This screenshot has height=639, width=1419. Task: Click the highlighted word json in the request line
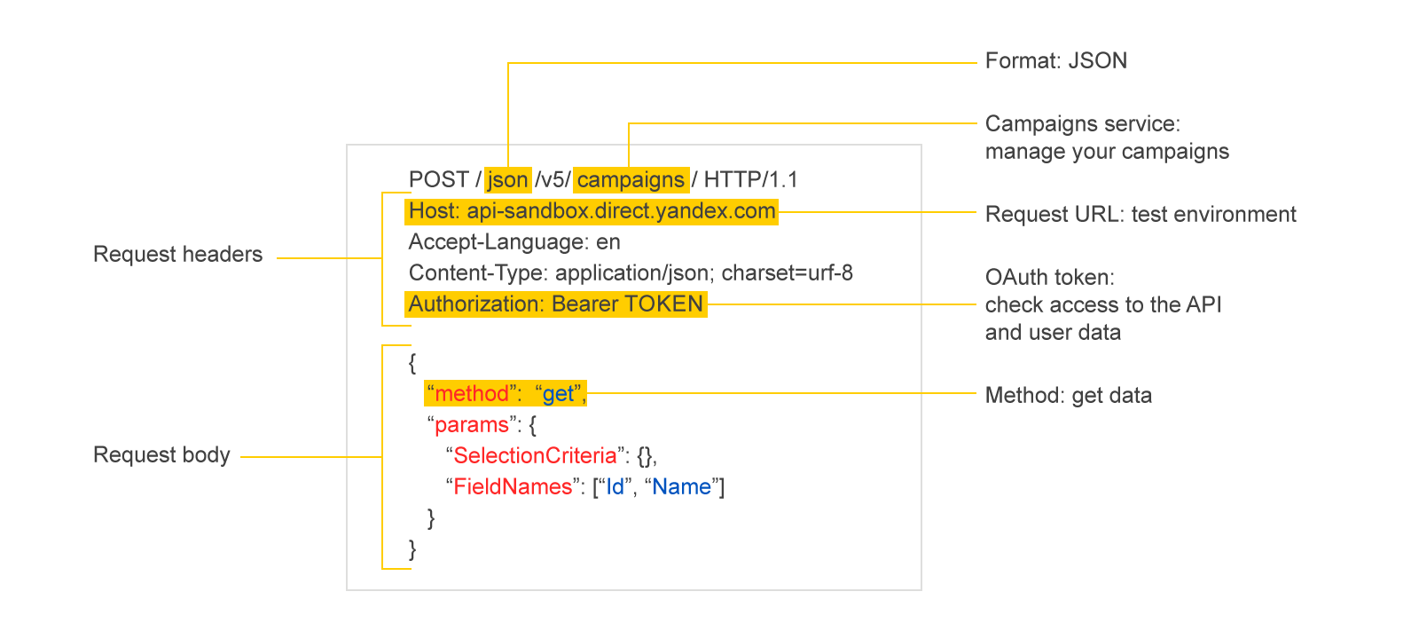pos(507,180)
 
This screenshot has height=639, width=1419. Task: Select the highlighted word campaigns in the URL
pos(631,180)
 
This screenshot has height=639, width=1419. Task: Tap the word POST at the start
pos(438,180)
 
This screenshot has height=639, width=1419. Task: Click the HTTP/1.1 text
pos(750,180)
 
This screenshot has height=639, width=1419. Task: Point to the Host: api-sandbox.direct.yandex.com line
pos(592,211)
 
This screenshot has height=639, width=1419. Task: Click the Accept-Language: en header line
pos(514,242)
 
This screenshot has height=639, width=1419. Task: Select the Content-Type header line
pos(631,273)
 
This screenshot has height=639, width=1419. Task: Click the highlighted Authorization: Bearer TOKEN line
pos(555,304)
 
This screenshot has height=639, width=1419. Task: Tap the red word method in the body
pos(472,394)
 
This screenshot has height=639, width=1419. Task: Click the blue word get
pos(558,394)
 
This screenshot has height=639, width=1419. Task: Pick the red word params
pos(472,425)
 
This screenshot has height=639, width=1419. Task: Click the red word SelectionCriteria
pos(536,456)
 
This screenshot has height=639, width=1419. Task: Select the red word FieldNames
pos(514,487)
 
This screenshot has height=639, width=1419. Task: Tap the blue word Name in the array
pos(682,487)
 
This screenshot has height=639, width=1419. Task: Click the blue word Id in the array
pos(615,487)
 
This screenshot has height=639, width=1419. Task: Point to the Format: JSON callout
pos(1056,61)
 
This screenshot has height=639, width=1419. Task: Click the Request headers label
pos(178,254)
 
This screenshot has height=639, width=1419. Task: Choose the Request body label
pos(161,455)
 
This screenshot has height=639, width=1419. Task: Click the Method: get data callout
pos(1069,396)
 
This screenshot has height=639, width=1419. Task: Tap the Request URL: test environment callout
pos(1141,214)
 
